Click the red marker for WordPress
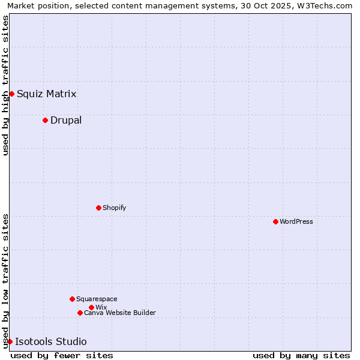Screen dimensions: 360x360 pyautogui.click(x=275, y=221)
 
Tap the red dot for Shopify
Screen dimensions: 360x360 pyautogui.click(x=98, y=208)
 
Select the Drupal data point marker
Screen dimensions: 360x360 pyautogui.click(x=45, y=120)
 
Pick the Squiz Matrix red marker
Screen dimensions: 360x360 pyautogui.click(x=11, y=94)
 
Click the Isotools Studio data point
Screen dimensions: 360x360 pyautogui.click(x=10, y=341)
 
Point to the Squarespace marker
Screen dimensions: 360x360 pyautogui.click(x=72, y=299)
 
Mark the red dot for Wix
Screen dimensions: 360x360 pyautogui.click(x=91, y=307)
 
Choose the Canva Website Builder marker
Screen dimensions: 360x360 pyautogui.click(x=80, y=313)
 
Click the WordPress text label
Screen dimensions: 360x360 pyautogui.click(x=296, y=221)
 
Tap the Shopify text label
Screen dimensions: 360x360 pyautogui.click(x=114, y=208)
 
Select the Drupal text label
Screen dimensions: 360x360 pyautogui.click(x=66, y=120)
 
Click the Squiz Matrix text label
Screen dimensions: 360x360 pyautogui.click(x=46, y=94)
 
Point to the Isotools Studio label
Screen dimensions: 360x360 pyautogui.click(x=50, y=341)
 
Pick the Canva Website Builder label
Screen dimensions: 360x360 pyautogui.click(x=119, y=313)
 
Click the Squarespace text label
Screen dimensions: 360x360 pyautogui.click(x=97, y=299)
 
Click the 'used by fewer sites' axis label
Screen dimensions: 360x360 pyautogui.click(x=62, y=355)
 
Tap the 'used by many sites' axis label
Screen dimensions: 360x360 pyautogui.click(x=301, y=355)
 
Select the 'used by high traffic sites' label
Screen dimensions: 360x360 pyautogui.click(x=6, y=85)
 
